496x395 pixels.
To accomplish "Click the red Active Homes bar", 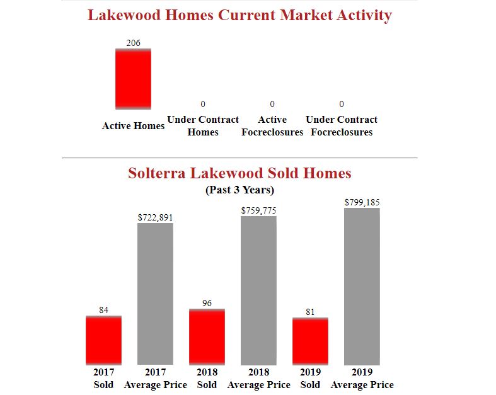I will click(133, 79).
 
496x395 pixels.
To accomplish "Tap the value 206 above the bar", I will click(133, 43).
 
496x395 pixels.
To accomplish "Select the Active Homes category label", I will click(133, 126).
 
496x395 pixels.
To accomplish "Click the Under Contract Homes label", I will click(203, 126).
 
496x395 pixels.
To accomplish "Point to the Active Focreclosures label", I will click(272, 126).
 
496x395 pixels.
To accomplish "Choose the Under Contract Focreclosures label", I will click(342, 126).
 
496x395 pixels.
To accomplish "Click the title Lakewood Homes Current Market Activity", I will click(239, 15).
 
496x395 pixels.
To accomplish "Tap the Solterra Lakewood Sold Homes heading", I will click(239, 173).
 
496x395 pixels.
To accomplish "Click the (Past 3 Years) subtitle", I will click(239, 190).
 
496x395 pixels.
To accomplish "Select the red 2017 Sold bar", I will click(103, 340).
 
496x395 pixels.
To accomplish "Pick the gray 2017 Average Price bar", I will click(155, 294).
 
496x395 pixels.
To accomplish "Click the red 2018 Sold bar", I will click(207, 336).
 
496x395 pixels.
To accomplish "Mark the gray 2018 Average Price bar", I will click(258, 290).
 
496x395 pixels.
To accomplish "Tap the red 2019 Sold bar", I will click(310, 341).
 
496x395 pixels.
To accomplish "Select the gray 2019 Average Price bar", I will click(362, 286).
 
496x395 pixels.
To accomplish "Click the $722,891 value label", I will click(155, 217).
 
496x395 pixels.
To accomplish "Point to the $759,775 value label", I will click(258, 210).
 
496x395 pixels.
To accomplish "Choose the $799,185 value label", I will click(362, 202).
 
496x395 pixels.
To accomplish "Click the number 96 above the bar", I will click(207, 304).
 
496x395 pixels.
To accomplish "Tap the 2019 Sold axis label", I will click(310, 378).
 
